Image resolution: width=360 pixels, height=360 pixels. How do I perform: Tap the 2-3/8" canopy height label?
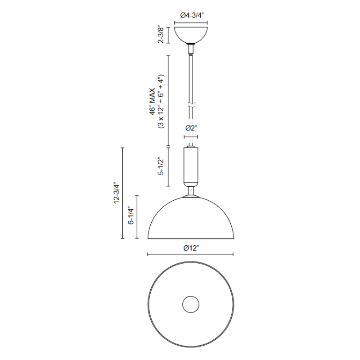pyautogui.click(x=161, y=35)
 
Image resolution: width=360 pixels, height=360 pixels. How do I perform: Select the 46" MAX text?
pyautogui.click(x=153, y=101)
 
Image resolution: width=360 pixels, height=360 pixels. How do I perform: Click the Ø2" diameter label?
pyautogui.click(x=191, y=128)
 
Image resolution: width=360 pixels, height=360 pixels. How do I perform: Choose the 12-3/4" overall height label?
pyautogui.click(x=117, y=193)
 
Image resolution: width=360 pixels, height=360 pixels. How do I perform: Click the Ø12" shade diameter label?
pyautogui.click(x=191, y=248)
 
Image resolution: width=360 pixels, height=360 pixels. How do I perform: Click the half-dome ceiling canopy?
pyautogui.click(x=191, y=35)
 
